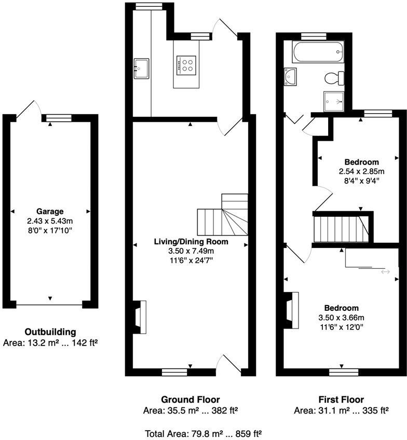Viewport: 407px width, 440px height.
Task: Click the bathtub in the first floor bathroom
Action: tap(317, 52)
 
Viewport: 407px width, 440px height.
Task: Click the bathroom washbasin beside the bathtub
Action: tap(290, 76)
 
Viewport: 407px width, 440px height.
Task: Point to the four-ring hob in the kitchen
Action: tap(186, 64)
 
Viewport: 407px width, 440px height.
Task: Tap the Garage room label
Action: tap(50, 211)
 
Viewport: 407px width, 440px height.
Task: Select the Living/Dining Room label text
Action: tap(191, 242)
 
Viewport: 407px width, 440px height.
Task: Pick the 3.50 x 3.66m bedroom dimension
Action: tap(341, 318)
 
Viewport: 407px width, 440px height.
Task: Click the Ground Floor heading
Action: tap(190, 400)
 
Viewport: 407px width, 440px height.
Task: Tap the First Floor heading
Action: tap(341, 400)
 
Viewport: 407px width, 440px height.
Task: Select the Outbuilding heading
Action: tap(50, 332)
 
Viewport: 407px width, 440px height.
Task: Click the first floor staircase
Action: tap(340, 228)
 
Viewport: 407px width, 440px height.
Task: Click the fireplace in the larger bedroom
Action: tap(291, 310)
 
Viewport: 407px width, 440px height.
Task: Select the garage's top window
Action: tap(58, 118)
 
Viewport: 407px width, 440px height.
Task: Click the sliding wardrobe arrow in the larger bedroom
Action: tap(385, 271)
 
